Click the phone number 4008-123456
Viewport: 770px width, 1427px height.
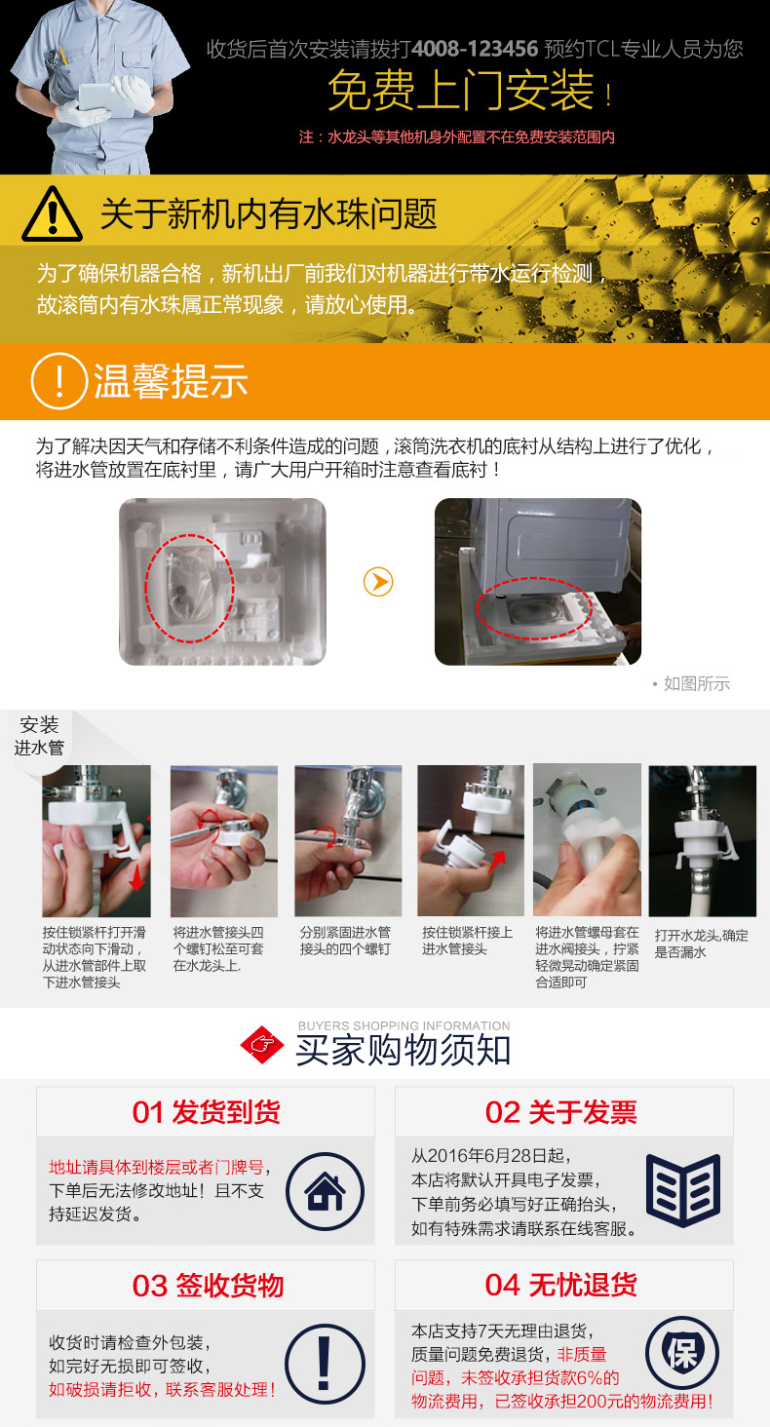475,49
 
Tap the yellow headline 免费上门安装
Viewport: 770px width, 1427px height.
460,91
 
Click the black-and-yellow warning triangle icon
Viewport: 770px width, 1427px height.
53,213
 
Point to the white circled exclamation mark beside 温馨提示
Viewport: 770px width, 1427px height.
58,381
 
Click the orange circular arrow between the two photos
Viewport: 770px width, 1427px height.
378,582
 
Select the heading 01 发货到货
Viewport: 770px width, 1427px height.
207,1112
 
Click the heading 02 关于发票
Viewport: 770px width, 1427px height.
561,1112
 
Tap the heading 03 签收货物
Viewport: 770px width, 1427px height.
208,1285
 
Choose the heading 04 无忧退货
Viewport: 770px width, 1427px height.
561,1285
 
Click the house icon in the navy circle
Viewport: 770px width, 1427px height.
326,1191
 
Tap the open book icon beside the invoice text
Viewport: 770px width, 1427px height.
683,1190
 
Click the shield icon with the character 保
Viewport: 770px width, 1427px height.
682,1353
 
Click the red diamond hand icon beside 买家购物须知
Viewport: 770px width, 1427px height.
262,1045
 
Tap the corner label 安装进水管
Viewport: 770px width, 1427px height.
40,736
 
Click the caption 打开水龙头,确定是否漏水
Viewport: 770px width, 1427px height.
701,944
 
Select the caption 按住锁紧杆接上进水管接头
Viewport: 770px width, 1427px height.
467,941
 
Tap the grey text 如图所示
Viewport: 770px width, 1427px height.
697,683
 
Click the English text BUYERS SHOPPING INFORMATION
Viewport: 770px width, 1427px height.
404,1025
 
